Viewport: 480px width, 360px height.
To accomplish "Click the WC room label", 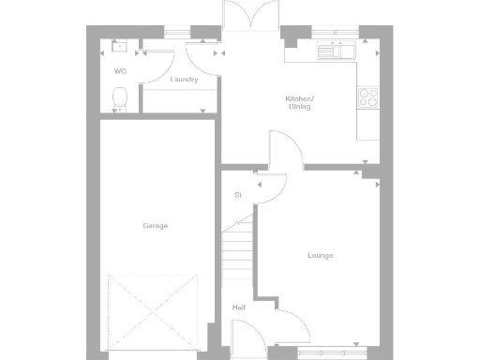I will pos(120,71).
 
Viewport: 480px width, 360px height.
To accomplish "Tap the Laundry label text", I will pos(184,80).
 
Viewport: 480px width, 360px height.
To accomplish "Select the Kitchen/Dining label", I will pos(300,102).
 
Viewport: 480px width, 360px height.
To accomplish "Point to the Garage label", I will pos(156,226).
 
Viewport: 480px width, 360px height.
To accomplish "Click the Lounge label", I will pos(320,255).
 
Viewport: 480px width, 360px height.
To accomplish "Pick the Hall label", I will pos(239,307).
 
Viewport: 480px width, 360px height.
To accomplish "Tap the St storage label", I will pos(238,195).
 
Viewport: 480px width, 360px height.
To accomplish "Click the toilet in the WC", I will pos(118,97).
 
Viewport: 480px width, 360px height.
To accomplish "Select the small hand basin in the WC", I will pos(119,47).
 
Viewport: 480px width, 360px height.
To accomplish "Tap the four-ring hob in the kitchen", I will pos(368,96).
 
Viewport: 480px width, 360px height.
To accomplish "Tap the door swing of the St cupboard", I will pos(272,189).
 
